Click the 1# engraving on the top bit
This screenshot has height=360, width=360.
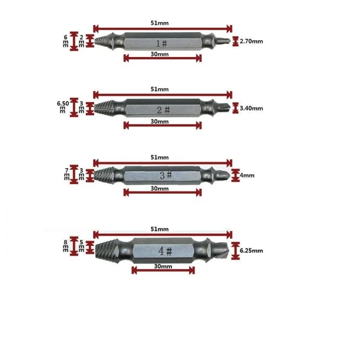click(161, 44)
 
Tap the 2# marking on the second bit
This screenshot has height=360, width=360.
click(163, 110)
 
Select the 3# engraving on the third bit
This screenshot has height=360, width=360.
click(166, 175)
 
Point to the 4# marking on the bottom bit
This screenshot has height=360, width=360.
click(165, 251)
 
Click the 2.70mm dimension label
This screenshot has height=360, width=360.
click(251, 41)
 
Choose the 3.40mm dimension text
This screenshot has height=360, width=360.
click(251, 109)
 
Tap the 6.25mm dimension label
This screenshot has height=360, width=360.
click(251, 250)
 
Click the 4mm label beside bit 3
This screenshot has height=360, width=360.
click(247, 175)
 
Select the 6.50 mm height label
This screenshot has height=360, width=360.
click(63, 107)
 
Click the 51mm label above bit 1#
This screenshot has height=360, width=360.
click(159, 23)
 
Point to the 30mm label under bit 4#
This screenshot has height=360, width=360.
click(163, 266)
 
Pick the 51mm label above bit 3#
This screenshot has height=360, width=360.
click(159, 157)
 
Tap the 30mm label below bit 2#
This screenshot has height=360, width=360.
click(159, 121)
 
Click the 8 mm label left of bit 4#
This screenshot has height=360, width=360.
click(66, 246)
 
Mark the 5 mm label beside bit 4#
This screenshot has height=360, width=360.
click(81, 246)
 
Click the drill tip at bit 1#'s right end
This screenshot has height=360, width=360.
click(223, 41)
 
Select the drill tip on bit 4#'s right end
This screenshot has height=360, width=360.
click(220, 250)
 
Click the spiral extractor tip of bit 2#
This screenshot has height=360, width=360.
click(104, 108)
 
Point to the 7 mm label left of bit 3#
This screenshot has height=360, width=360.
click(67, 174)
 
